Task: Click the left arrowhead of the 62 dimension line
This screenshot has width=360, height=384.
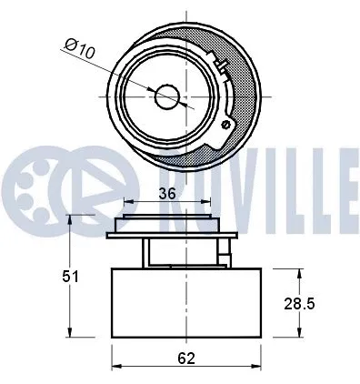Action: click(115, 369)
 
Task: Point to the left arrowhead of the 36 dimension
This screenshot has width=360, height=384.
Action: click(125, 202)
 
